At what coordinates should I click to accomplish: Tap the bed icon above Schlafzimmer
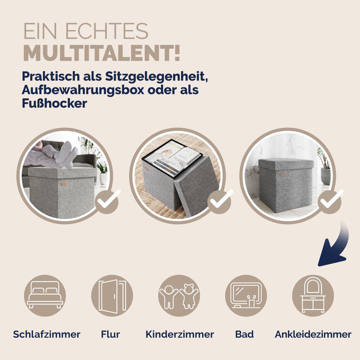45,295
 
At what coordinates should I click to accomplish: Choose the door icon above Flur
112,295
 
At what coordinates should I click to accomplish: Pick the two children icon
178,295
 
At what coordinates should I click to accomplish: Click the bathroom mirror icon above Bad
245,295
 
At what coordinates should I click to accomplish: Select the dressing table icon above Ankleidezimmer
312,295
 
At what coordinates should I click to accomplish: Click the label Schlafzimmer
46,334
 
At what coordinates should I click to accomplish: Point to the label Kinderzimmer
179,334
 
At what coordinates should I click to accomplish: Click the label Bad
244,334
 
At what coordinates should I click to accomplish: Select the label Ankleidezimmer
313,334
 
